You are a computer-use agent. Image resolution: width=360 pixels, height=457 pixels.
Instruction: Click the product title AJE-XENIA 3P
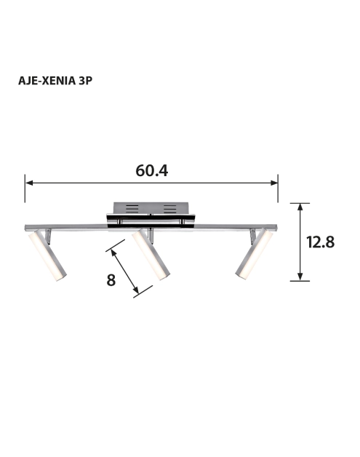tap(55, 81)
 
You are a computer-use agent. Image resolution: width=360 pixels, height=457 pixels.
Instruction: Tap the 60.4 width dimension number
tap(152, 171)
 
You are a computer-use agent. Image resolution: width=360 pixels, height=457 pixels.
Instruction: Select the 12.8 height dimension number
tap(321, 242)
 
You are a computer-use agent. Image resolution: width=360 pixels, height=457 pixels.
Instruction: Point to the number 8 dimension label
tap(111, 279)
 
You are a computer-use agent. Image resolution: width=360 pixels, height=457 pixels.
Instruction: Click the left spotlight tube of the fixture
tap(47, 255)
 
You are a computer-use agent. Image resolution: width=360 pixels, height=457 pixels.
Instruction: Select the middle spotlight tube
tap(151, 255)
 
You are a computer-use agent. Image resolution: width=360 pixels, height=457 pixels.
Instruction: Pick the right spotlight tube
tap(254, 254)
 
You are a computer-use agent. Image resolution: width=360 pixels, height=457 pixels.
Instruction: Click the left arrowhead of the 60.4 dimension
tap(29, 183)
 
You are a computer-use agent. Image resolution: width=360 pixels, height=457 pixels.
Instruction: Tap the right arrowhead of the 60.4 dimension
tap(274, 183)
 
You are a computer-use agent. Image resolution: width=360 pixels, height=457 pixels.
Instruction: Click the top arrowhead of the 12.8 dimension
tap(300, 207)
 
